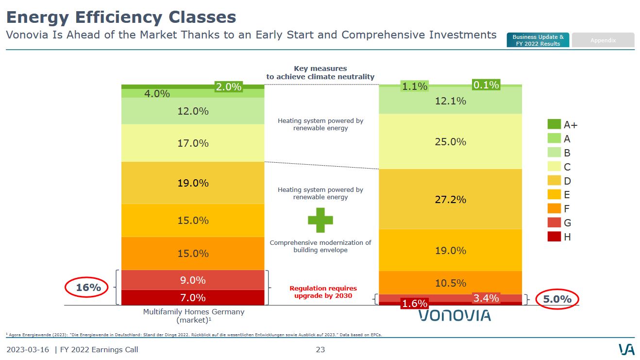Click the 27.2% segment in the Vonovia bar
point(450,199)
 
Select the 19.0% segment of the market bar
point(193,183)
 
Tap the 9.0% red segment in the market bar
point(193,280)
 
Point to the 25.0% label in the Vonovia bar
point(450,142)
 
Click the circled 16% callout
point(88,288)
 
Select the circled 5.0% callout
point(557,299)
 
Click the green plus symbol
point(320,220)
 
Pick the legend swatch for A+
point(554,124)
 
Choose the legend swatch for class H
point(554,237)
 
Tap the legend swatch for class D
point(554,181)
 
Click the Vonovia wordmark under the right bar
point(455,315)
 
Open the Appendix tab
point(603,40)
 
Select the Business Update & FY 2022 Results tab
point(538,40)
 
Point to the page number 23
point(320,349)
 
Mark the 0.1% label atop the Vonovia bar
point(486,85)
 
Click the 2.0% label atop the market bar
point(228,87)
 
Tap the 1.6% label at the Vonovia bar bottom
point(414,304)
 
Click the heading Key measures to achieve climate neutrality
point(320,73)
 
